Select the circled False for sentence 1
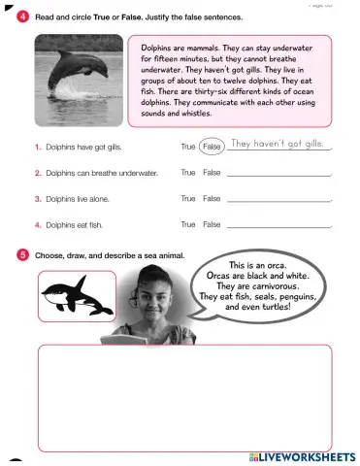[213, 147]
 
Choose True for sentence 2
[188, 172]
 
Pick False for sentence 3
[212, 198]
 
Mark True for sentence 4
[188, 224]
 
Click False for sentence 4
[212, 224]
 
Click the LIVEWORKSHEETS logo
[302, 455]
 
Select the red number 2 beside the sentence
[37, 173]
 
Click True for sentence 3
[188, 198]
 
